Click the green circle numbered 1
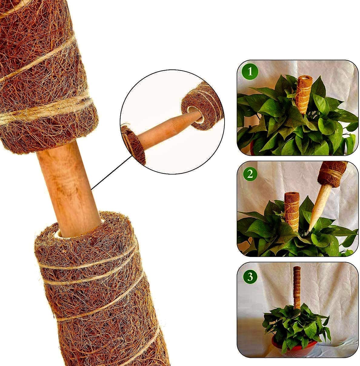(250, 72)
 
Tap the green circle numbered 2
(250, 173)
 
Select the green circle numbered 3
(250, 276)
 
